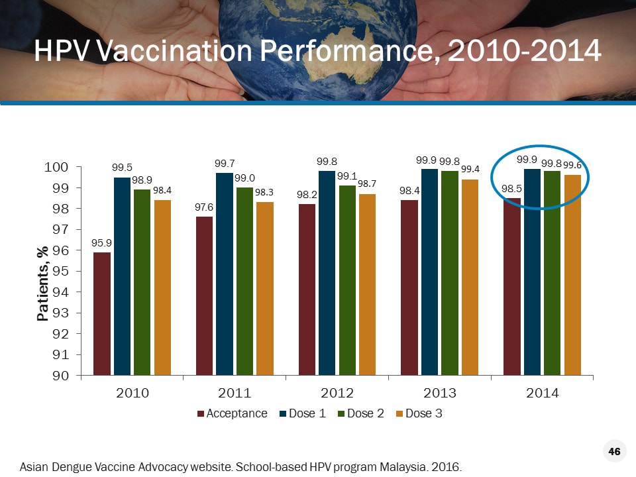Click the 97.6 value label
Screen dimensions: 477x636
click(204, 208)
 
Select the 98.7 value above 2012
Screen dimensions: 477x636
click(367, 182)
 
